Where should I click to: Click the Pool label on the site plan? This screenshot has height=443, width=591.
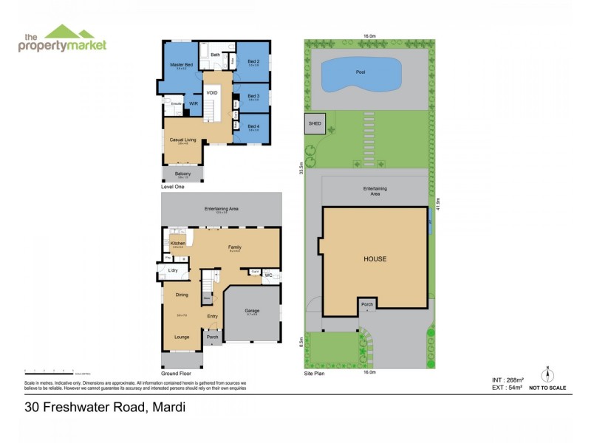(360, 73)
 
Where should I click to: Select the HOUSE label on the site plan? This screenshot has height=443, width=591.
(375, 259)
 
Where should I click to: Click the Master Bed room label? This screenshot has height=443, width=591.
(181, 65)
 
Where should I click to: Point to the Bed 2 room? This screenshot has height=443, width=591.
(253, 61)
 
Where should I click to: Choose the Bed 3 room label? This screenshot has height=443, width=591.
(253, 95)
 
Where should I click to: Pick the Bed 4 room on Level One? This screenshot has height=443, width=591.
(253, 126)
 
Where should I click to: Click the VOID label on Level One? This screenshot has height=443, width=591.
(212, 92)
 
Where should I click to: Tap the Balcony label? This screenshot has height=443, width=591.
(182, 174)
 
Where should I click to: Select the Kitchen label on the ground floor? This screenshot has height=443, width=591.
(177, 244)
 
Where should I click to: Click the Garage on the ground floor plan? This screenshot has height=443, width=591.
(252, 311)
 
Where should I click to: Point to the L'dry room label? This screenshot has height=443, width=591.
(174, 271)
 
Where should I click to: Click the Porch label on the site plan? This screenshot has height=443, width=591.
(367, 303)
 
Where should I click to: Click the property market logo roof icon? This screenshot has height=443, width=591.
(69, 32)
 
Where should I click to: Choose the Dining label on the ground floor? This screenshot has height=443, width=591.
(181, 295)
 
